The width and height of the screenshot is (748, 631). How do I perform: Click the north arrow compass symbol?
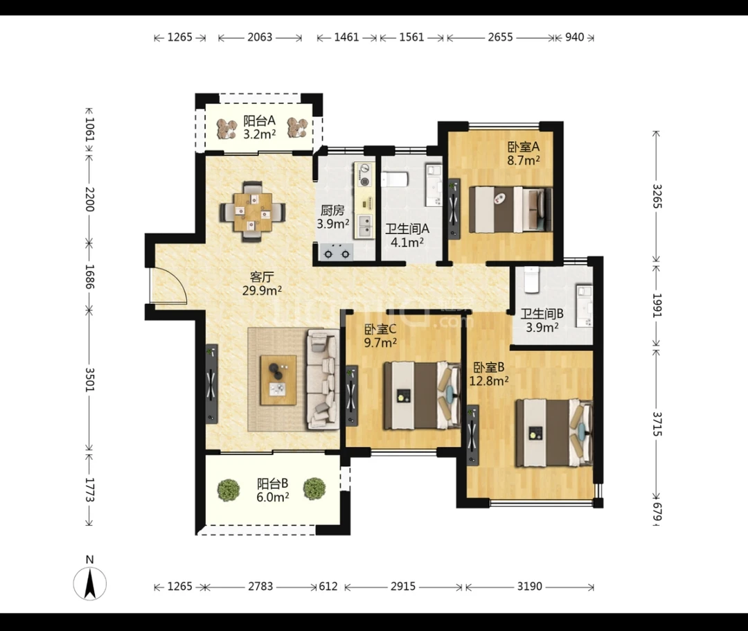point(89,583)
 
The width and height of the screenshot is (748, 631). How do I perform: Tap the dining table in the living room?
point(252,211)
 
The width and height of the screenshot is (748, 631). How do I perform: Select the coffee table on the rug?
point(278,380)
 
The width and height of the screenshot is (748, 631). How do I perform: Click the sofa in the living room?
point(323,379)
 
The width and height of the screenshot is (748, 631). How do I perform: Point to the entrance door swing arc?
point(177,279)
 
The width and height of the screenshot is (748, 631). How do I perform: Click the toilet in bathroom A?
point(395,180)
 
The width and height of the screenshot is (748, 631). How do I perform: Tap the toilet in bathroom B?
point(531,280)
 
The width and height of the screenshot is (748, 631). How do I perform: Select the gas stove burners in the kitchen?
point(336,252)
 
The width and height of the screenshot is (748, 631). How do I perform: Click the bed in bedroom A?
point(510,209)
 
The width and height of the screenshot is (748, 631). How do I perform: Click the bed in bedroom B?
point(554,433)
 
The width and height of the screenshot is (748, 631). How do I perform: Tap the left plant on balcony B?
point(229,490)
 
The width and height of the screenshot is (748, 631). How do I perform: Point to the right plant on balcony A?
point(298,128)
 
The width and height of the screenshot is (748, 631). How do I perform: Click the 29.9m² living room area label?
point(261,290)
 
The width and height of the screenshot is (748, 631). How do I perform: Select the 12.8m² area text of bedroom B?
point(488,380)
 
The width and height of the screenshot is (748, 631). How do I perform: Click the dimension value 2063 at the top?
point(260,37)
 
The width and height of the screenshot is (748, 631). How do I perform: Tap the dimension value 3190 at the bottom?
point(530,586)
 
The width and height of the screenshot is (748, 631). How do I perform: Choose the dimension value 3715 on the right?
point(657,424)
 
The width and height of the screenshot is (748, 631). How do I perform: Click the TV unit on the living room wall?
point(212,384)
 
